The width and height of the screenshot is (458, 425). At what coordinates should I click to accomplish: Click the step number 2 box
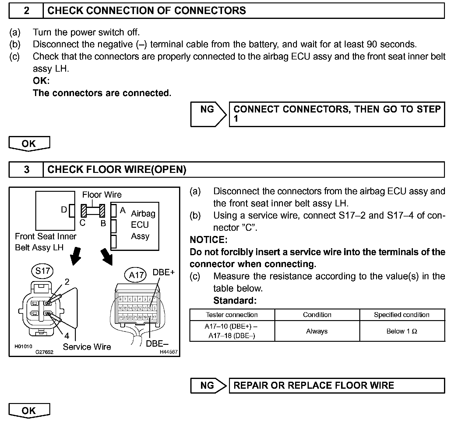tap(26, 11)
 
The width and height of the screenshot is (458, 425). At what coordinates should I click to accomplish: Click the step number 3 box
tap(26, 170)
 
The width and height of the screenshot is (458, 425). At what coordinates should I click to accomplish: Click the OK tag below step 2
tap(29, 143)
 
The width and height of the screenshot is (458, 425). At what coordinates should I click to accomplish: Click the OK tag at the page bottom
tap(29, 411)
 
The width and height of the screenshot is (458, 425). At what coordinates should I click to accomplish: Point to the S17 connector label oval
tap(42, 271)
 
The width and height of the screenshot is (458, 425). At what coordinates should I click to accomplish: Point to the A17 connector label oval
tap(136, 275)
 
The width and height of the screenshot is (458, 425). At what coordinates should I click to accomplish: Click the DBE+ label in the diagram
tap(164, 272)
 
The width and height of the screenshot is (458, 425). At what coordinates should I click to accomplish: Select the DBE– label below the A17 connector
tap(157, 344)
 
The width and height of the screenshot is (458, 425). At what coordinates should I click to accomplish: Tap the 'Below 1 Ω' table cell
tap(402, 331)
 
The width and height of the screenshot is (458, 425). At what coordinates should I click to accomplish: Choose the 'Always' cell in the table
tap(317, 331)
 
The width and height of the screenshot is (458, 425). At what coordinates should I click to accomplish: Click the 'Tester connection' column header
tap(232, 315)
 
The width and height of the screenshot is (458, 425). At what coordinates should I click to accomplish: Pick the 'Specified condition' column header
tap(402, 315)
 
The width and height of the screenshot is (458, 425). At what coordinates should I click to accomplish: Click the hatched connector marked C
tap(84, 211)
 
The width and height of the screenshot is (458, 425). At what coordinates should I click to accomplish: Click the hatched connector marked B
tap(102, 211)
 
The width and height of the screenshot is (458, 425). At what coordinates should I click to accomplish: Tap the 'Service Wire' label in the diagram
tap(87, 347)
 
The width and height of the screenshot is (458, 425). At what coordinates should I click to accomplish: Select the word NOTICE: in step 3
tap(209, 240)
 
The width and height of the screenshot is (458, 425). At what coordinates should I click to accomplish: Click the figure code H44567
tap(169, 352)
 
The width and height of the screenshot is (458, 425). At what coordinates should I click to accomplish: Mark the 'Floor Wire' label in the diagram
tap(102, 195)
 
